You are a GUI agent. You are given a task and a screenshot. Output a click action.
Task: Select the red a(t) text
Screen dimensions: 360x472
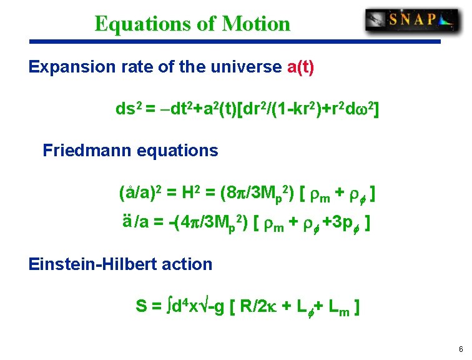[x=300, y=66]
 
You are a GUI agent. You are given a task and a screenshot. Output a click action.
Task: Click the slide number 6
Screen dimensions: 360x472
[x=460, y=349]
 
